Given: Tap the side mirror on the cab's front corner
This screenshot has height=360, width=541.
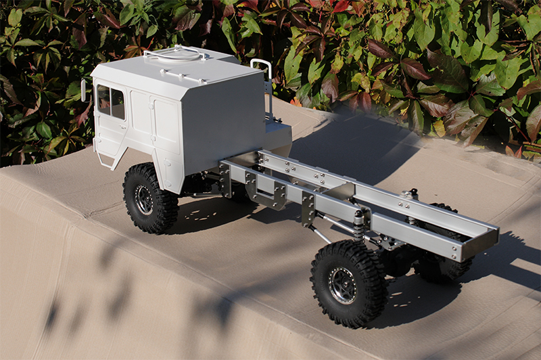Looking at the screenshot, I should coord(84,90).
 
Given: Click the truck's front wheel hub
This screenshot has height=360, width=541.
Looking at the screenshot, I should coord(144,198).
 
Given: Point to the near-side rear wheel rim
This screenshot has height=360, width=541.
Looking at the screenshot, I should coord(343,286).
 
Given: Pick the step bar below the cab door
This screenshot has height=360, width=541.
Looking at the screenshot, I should coord(107,161).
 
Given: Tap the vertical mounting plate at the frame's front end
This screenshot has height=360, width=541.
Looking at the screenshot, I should coord(225,179).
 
